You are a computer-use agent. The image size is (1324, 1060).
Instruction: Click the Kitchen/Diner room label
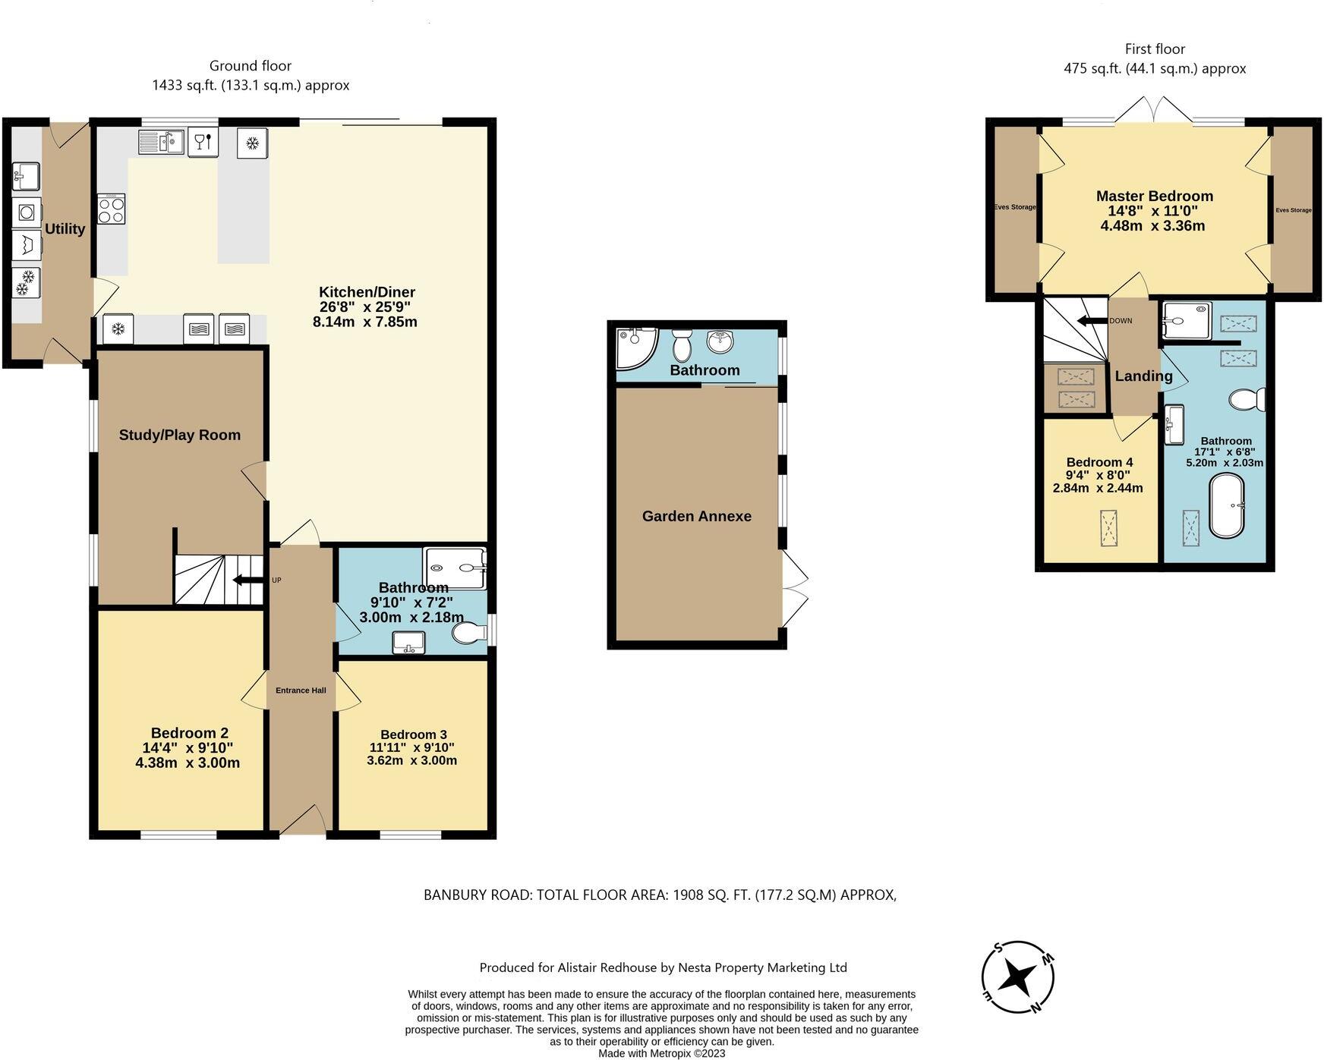(x=367, y=292)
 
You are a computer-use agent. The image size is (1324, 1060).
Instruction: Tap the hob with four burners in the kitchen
(x=112, y=209)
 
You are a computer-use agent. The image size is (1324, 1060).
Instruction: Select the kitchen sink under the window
(x=160, y=142)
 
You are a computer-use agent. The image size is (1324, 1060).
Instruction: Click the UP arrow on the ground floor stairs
(x=247, y=580)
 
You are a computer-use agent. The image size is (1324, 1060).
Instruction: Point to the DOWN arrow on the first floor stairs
(x=1092, y=321)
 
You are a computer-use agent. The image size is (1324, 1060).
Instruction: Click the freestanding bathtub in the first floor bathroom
(x=1226, y=506)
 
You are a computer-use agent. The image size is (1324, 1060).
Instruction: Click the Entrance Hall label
(x=301, y=690)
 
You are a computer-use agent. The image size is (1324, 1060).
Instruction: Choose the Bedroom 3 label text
(x=413, y=734)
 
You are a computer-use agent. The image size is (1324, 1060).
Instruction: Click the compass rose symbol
(x=1017, y=977)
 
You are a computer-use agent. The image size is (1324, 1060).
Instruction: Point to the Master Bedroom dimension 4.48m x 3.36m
(x=1152, y=226)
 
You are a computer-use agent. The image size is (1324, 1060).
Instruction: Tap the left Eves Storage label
(x=1015, y=207)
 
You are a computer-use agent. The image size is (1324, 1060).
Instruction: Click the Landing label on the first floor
(x=1143, y=376)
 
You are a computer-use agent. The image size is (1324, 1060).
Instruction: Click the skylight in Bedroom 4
(x=1109, y=528)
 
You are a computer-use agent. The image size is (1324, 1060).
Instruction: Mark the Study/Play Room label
(x=180, y=435)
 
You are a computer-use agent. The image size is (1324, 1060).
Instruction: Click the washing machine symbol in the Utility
(x=27, y=212)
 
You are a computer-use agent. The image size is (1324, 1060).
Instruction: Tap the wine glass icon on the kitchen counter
(x=203, y=141)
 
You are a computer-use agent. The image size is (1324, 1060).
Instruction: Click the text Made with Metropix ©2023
(x=661, y=1053)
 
